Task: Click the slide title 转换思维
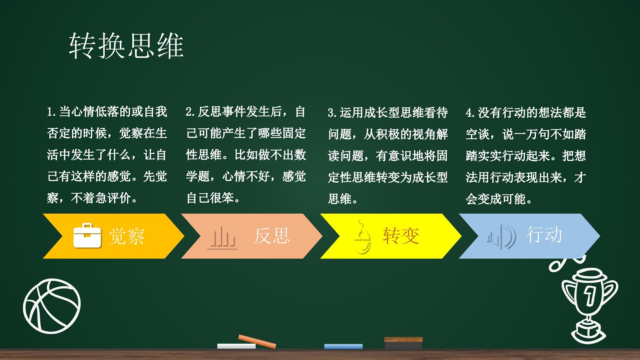[126, 46]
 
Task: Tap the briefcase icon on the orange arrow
[87, 236]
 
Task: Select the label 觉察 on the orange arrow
[127, 236]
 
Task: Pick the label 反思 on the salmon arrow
[272, 236]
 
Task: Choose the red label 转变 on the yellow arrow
[401, 236]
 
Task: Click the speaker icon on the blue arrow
[501, 237]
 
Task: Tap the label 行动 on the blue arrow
[544, 234]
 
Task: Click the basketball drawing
[52, 306]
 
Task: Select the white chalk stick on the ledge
[236, 346]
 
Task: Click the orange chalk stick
[257, 341]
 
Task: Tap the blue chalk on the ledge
[343, 347]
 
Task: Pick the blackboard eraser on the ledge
[403, 343]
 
